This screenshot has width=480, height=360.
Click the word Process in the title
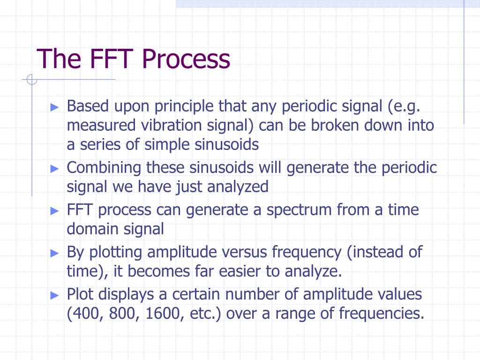[187, 60]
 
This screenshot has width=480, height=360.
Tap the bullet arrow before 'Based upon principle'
[55, 107]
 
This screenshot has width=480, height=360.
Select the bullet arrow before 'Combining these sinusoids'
[55, 168]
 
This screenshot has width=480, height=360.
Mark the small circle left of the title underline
[32, 80]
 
